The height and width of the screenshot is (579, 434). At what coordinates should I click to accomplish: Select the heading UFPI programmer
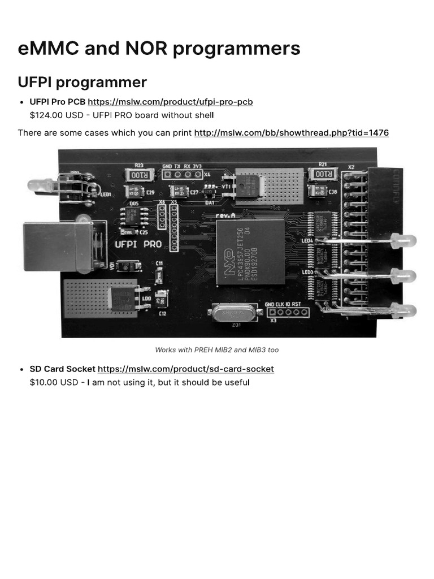(82, 82)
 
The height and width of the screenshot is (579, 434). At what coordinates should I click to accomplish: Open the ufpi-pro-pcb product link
(170, 102)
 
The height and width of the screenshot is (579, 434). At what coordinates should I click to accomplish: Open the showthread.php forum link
(291, 133)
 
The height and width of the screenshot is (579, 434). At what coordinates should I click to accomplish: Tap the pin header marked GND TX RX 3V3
(182, 174)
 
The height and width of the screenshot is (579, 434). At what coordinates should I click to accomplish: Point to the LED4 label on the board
(307, 240)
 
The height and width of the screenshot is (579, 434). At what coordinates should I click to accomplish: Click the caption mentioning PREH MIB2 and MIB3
(217, 350)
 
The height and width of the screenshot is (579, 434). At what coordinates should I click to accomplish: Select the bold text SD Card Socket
(63, 369)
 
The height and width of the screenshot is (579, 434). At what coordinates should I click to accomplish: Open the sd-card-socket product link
(185, 369)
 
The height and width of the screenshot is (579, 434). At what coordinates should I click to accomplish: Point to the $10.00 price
(44, 382)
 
